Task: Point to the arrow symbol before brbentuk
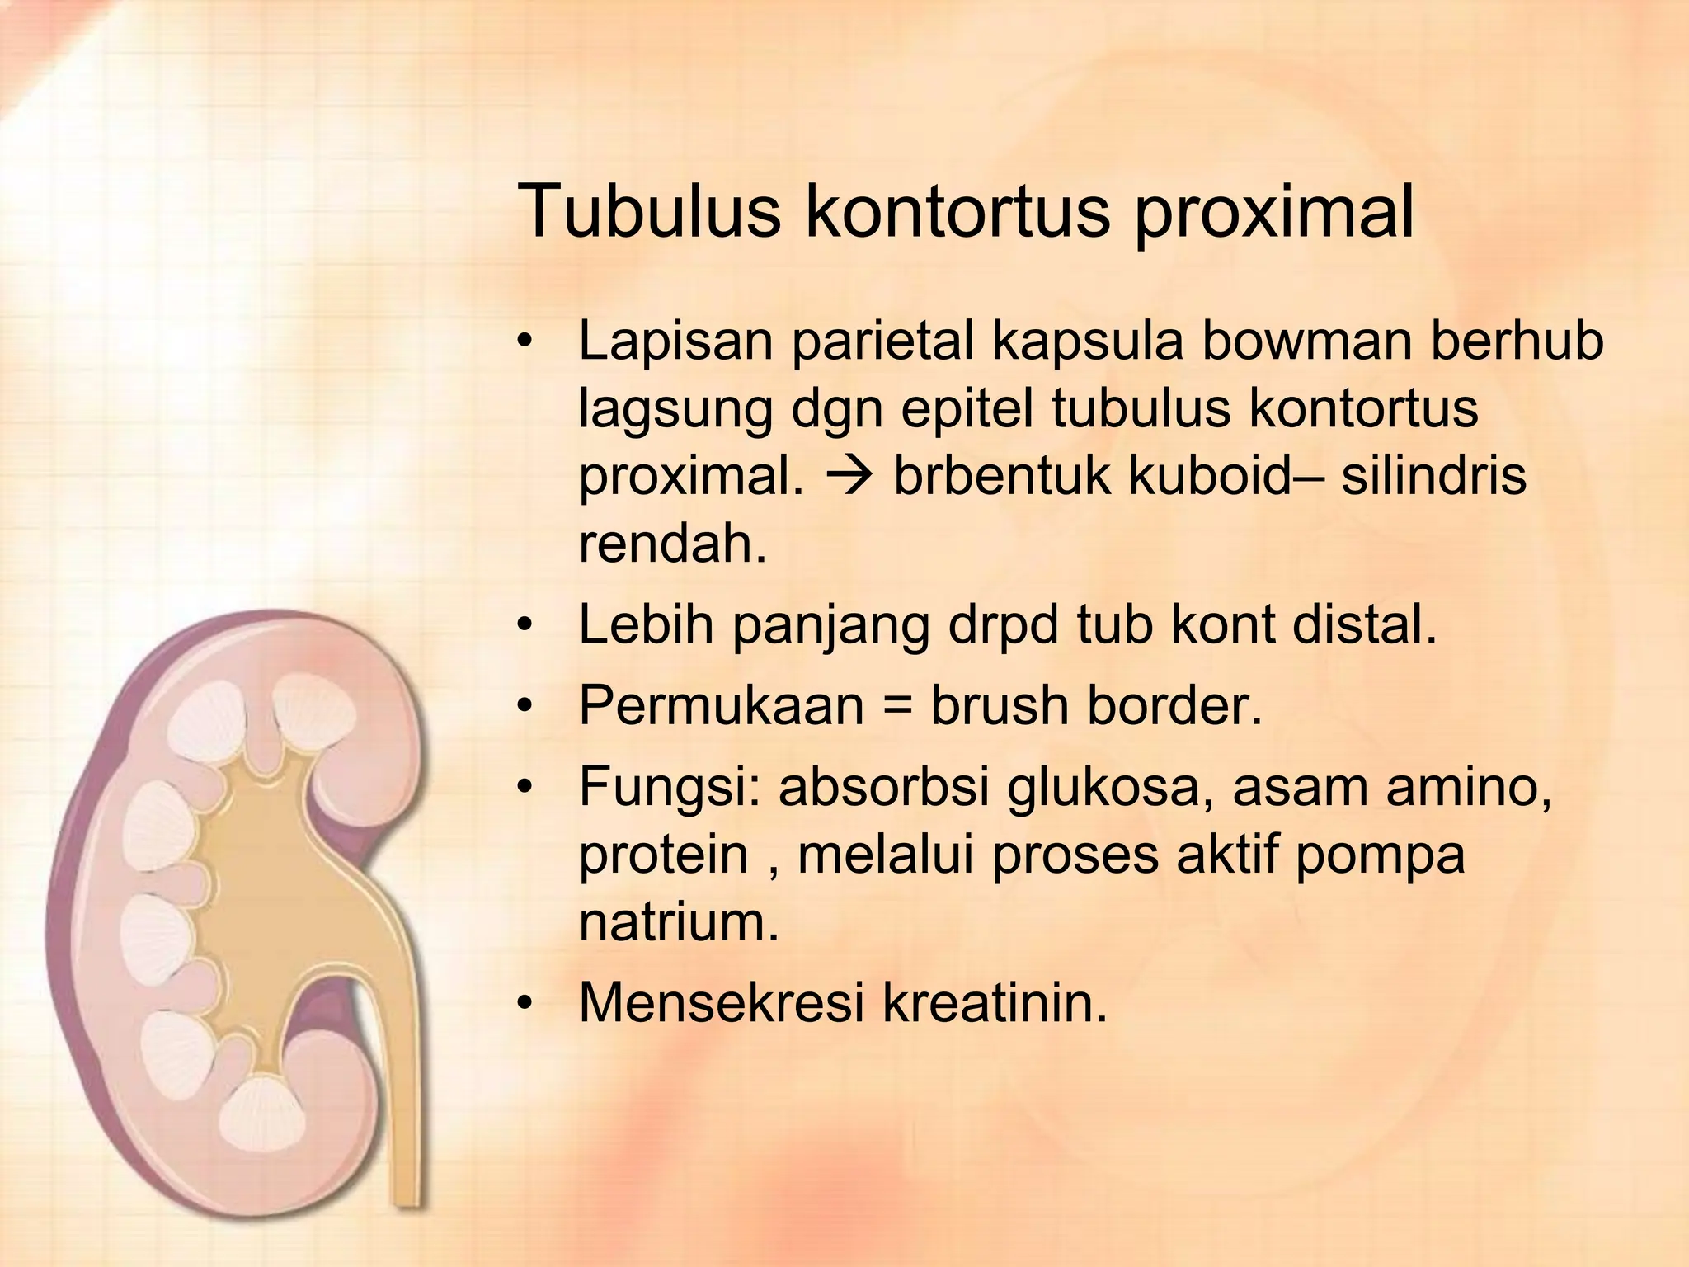click(x=849, y=477)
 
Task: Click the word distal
click(x=1364, y=624)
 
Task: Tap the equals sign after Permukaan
click(x=897, y=707)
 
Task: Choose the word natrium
click(x=678, y=921)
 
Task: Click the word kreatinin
click(x=995, y=1002)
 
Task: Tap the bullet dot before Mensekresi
click(x=523, y=1004)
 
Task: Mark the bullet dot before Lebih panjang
click(x=523, y=626)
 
